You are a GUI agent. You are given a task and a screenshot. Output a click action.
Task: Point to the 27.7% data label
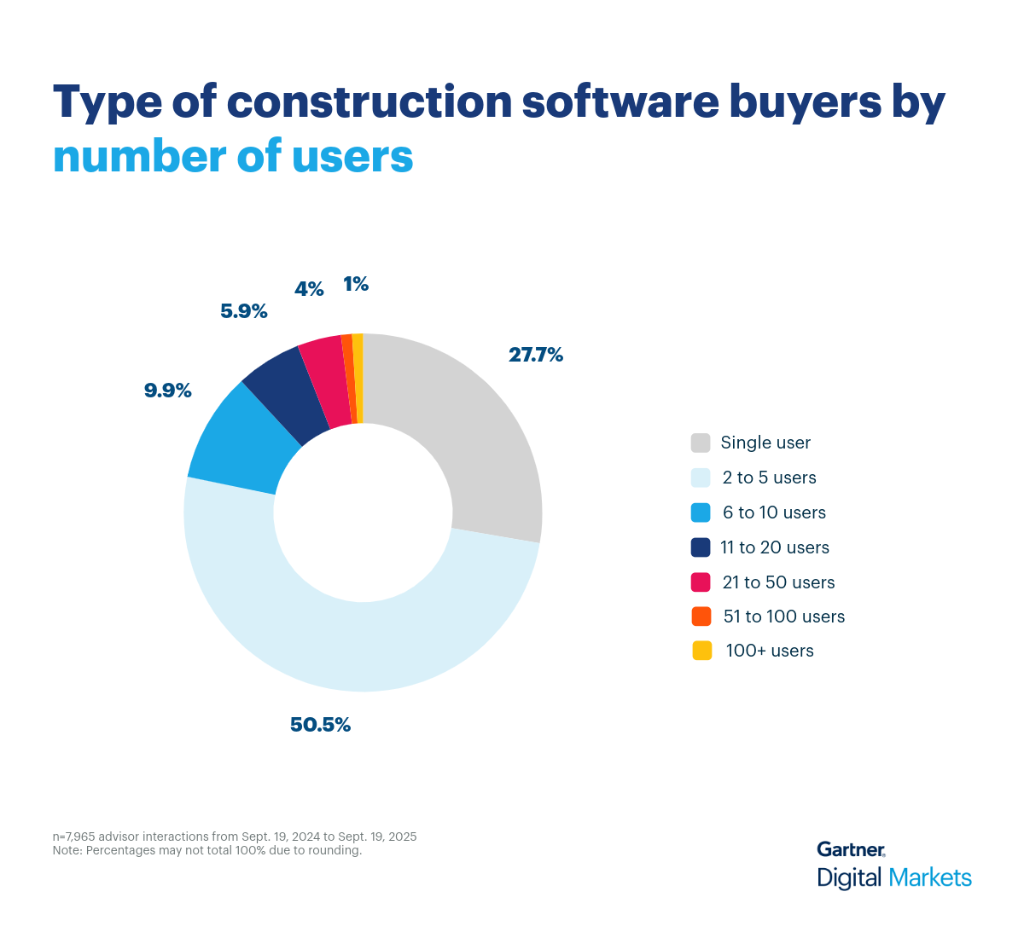click(536, 356)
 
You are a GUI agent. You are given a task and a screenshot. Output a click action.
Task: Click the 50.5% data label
click(320, 725)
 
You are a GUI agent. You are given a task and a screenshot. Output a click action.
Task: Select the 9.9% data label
click(167, 391)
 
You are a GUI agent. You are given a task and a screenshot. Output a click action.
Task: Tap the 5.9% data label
click(244, 311)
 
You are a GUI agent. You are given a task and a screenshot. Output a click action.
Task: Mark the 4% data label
click(309, 289)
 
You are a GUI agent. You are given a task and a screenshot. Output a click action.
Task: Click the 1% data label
click(356, 285)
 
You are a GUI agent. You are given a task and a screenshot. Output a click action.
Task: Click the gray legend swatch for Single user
click(701, 443)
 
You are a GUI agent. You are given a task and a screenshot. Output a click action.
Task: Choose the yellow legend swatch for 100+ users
click(701, 651)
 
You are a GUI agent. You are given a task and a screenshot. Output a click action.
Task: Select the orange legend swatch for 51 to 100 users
click(701, 617)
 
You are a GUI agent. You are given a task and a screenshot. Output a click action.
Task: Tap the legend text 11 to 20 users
click(775, 547)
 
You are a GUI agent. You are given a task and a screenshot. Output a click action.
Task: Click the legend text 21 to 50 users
click(778, 582)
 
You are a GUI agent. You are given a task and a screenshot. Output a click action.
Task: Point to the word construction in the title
click(369, 102)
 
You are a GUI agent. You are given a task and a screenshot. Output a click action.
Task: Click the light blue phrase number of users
click(233, 157)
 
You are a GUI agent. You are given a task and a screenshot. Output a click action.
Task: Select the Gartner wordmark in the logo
click(851, 849)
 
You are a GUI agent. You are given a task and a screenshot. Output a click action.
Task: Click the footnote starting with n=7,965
click(235, 837)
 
